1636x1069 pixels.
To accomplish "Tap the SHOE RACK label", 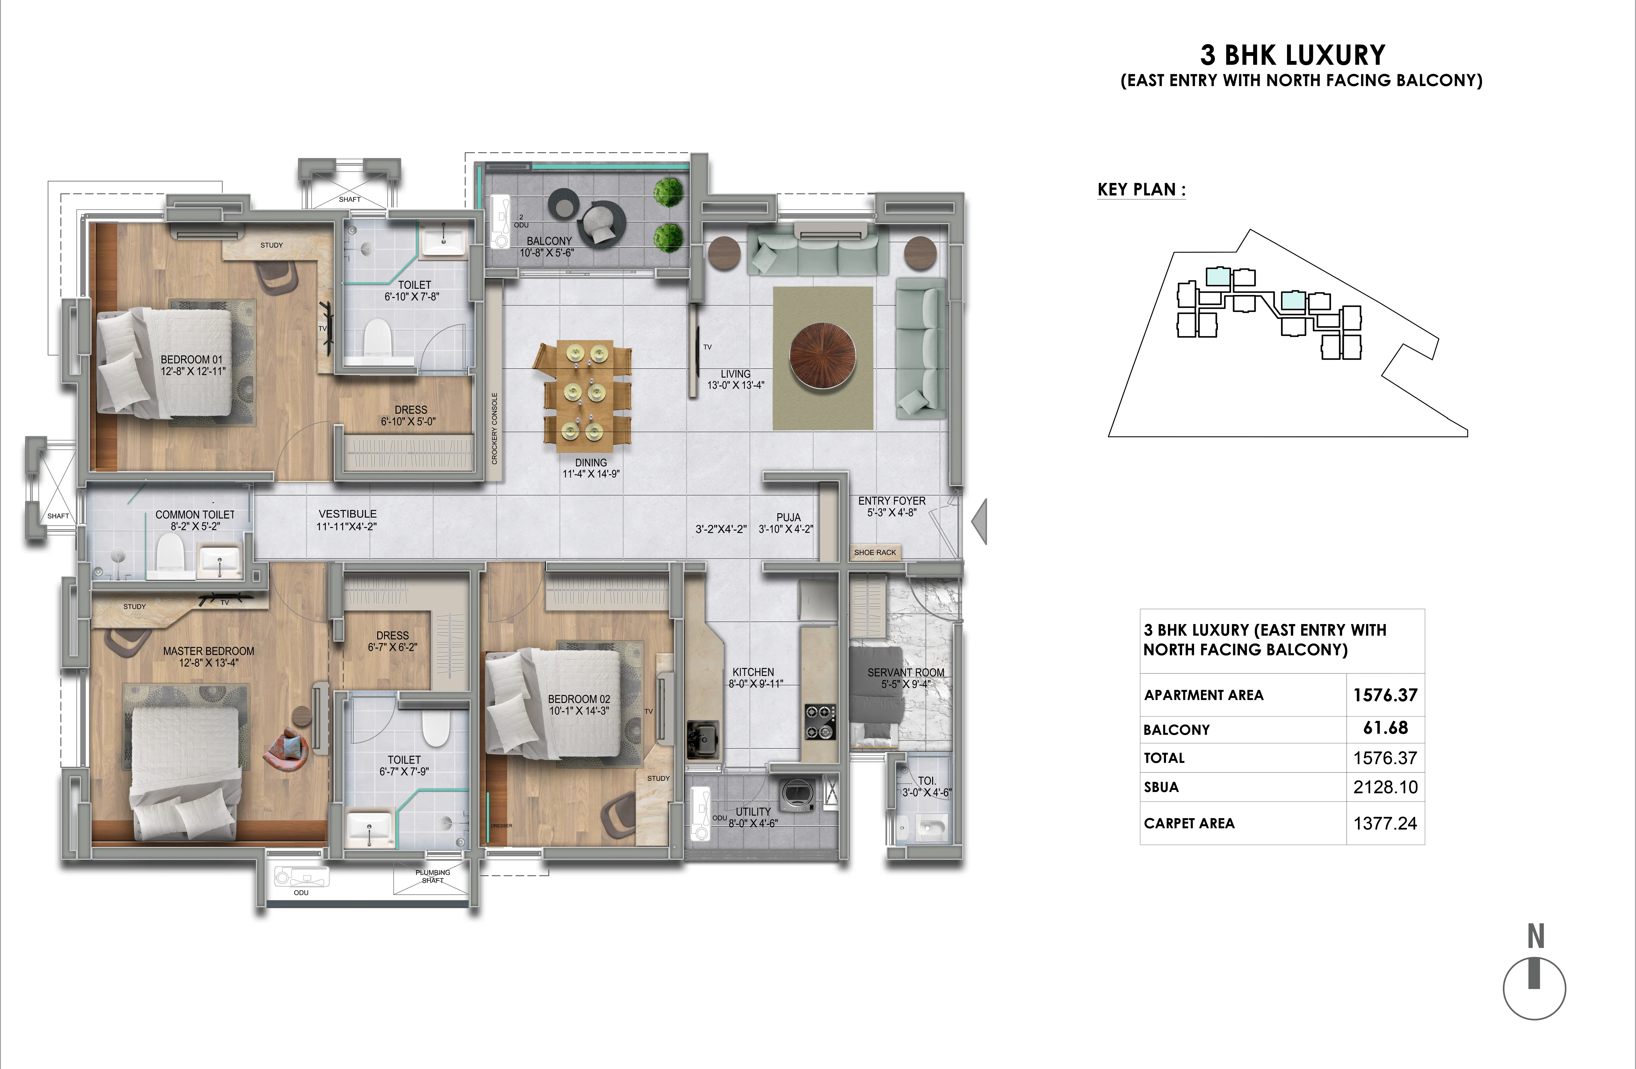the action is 875,552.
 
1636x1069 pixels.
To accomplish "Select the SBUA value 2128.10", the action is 1385,787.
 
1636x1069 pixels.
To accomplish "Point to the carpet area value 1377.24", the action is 1385,823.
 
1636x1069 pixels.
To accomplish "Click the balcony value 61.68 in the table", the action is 1385,728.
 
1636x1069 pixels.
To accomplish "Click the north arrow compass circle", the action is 1534,989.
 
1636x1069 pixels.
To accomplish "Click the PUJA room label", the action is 788,517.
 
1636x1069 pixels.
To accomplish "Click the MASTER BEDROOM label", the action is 208,651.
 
